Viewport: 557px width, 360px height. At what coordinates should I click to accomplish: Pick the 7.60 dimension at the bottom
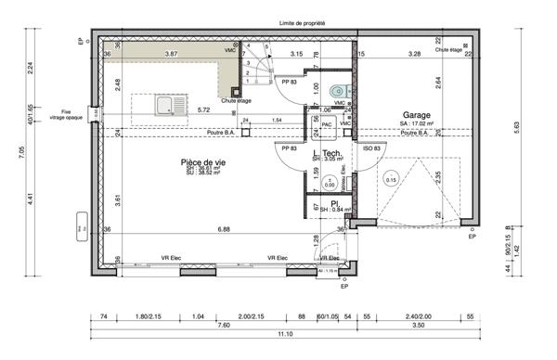(x=225, y=325)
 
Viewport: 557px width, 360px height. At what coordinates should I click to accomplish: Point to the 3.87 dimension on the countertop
(x=171, y=55)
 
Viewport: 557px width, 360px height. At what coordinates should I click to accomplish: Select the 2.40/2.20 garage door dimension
(x=421, y=316)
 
